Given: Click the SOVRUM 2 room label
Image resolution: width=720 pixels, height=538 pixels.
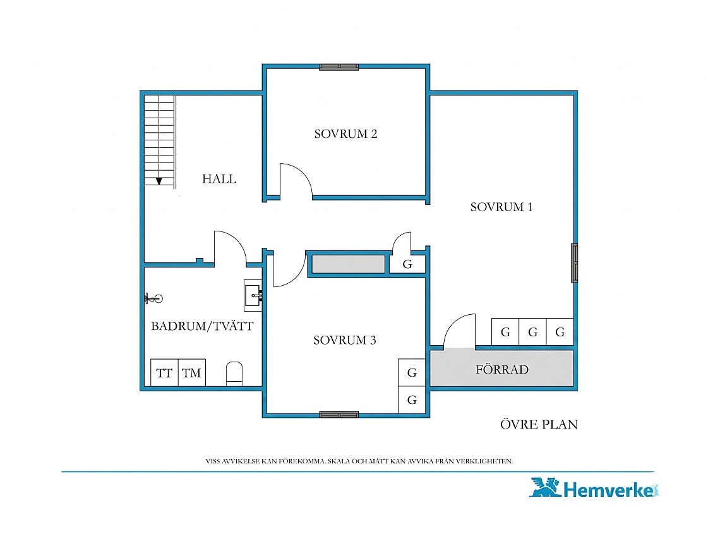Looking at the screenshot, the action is tap(345, 134).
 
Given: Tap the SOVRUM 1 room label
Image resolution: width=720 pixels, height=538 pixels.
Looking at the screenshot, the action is tap(501, 207).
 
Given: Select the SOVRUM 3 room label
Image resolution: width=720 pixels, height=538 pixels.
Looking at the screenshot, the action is tap(345, 340).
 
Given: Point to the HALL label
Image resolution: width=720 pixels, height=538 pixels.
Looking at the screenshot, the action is tap(219, 179).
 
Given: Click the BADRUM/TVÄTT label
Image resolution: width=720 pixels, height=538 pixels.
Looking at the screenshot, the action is tap(202, 326).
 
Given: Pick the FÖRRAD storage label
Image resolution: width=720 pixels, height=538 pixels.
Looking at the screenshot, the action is tap(502, 370).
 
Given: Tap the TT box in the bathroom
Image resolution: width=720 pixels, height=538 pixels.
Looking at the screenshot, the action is tap(164, 372).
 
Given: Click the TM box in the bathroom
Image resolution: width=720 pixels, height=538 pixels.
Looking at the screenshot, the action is tap(191, 372).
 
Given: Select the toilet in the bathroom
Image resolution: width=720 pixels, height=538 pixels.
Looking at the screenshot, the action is tap(234, 374).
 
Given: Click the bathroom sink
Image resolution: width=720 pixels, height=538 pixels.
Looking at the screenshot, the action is tap(253, 295).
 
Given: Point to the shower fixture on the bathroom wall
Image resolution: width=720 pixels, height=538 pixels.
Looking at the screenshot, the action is tap(153, 299).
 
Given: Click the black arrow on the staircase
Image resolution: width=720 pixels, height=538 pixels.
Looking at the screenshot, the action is tap(159, 181).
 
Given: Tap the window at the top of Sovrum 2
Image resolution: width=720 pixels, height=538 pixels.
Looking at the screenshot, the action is tap(339, 67).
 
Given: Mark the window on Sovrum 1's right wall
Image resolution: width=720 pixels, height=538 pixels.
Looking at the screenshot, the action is tap(575, 263).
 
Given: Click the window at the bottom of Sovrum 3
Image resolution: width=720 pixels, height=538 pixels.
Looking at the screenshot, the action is tap(339, 415).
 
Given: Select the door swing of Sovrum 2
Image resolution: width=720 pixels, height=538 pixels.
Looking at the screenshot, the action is tap(296, 180).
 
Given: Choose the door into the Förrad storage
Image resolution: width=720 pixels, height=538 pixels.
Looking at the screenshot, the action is tap(459, 330).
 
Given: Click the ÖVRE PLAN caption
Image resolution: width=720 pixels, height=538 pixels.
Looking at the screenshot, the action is tap(539, 424).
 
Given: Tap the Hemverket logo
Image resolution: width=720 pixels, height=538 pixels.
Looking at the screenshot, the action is tap(595, 488).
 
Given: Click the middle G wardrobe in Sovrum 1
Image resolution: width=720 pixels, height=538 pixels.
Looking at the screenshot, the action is tap(532, 331).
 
